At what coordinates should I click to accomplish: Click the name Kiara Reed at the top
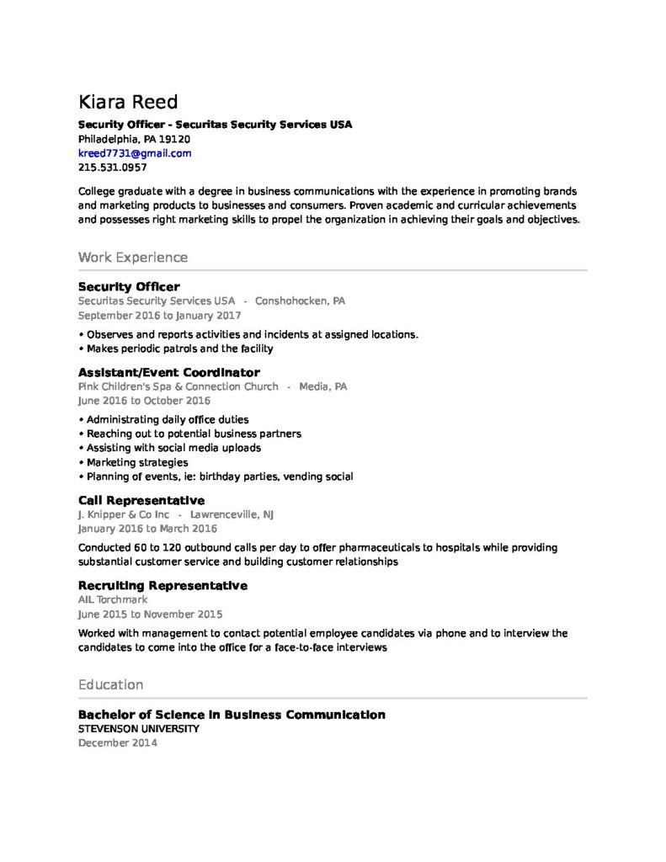click(128, 103)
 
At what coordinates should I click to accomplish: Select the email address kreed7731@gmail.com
click(135, 153)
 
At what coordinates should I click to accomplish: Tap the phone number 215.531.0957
click(112, 168)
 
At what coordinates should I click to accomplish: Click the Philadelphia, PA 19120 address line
click(134, 139)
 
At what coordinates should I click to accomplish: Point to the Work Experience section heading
click(132, 257)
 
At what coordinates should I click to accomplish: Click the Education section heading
click(110, 684)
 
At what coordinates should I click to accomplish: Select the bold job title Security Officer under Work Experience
click(128, 286)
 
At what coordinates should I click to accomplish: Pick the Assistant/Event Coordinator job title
click(168, 372)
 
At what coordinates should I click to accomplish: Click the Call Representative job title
click(141, 500)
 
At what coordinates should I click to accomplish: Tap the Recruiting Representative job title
click(163, 585)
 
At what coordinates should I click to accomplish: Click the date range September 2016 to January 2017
click(159, 316)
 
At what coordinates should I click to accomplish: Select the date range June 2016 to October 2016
click(144, 401)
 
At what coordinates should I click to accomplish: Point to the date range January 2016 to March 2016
click(147, 529)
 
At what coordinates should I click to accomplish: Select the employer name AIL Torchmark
click(112, 599)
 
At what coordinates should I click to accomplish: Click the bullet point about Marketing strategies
click(137, 462)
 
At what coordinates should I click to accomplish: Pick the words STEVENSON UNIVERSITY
click(139, 729)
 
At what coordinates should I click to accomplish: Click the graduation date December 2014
click(117, 743)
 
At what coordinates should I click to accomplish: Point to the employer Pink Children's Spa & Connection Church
click(178, 386)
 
